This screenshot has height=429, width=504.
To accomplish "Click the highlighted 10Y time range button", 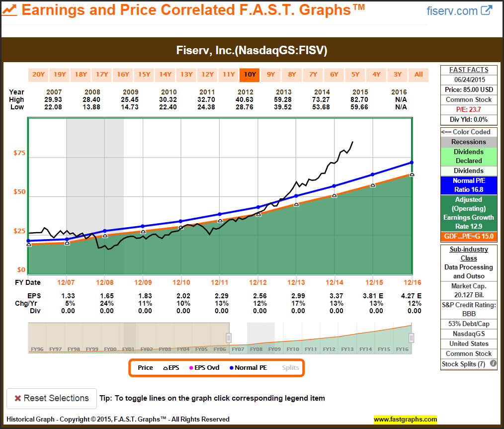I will coord(250,75).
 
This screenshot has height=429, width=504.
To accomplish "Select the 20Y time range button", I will coord(38,75).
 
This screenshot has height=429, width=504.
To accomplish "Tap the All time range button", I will coord(419,75).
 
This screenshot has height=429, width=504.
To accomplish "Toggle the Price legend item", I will coord(145,368).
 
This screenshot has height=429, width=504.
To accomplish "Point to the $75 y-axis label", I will coord(19,153).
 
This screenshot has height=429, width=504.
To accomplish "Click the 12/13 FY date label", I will coord(296,282).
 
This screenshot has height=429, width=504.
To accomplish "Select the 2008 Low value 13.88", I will coord(92,107).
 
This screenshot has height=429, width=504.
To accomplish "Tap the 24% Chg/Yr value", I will coord(106,303).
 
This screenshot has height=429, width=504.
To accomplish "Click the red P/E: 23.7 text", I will coord(469,109).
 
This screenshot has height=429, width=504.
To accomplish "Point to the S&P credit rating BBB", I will coord(469,314).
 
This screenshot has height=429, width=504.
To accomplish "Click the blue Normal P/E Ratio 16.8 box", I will coord(469,185).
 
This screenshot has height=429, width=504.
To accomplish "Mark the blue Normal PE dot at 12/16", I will coord(412,163).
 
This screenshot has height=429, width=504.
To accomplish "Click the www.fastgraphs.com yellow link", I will coord(405,419).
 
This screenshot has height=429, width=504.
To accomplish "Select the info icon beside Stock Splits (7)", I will coord(493,363).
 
